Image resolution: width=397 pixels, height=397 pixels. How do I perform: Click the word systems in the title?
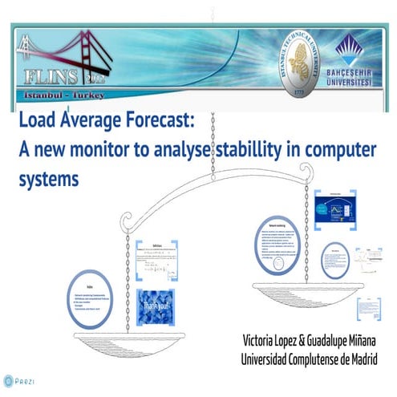(x=48, y=180)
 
